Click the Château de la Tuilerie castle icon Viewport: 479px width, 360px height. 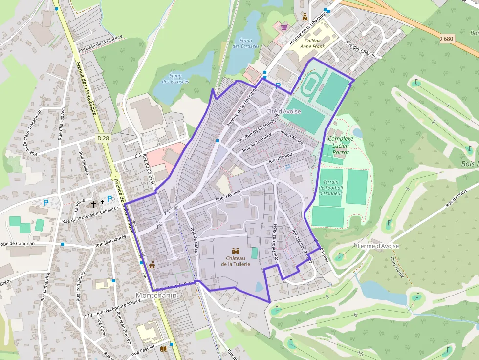pos(236,251)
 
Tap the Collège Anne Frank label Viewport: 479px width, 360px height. pos(313,44)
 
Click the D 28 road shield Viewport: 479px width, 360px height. pos(103,138)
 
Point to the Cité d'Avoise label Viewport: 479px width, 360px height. pos(283,111)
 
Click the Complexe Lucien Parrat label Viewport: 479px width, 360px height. pos(341,146)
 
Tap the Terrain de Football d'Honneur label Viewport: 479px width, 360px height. pos(332,188)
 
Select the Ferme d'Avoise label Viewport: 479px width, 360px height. pos(378,246)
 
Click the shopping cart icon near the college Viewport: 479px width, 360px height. pos(284,27)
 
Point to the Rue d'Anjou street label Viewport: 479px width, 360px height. pos(281,159)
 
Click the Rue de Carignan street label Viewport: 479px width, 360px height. pos(18,243)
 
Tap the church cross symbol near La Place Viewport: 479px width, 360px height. pos(94,202)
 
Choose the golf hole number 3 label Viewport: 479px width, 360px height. pos(408,189)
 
